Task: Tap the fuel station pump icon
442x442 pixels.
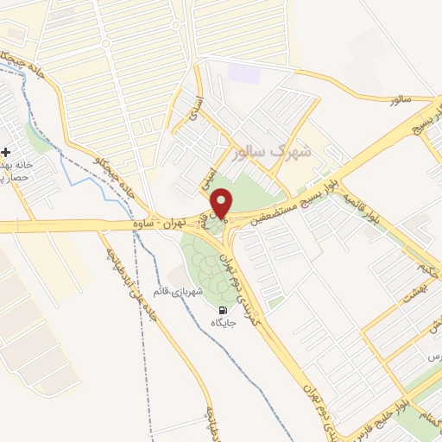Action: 224,311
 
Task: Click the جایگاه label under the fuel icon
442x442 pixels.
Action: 224,322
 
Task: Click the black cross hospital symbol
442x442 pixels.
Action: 6,150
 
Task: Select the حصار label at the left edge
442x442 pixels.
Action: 14,177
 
